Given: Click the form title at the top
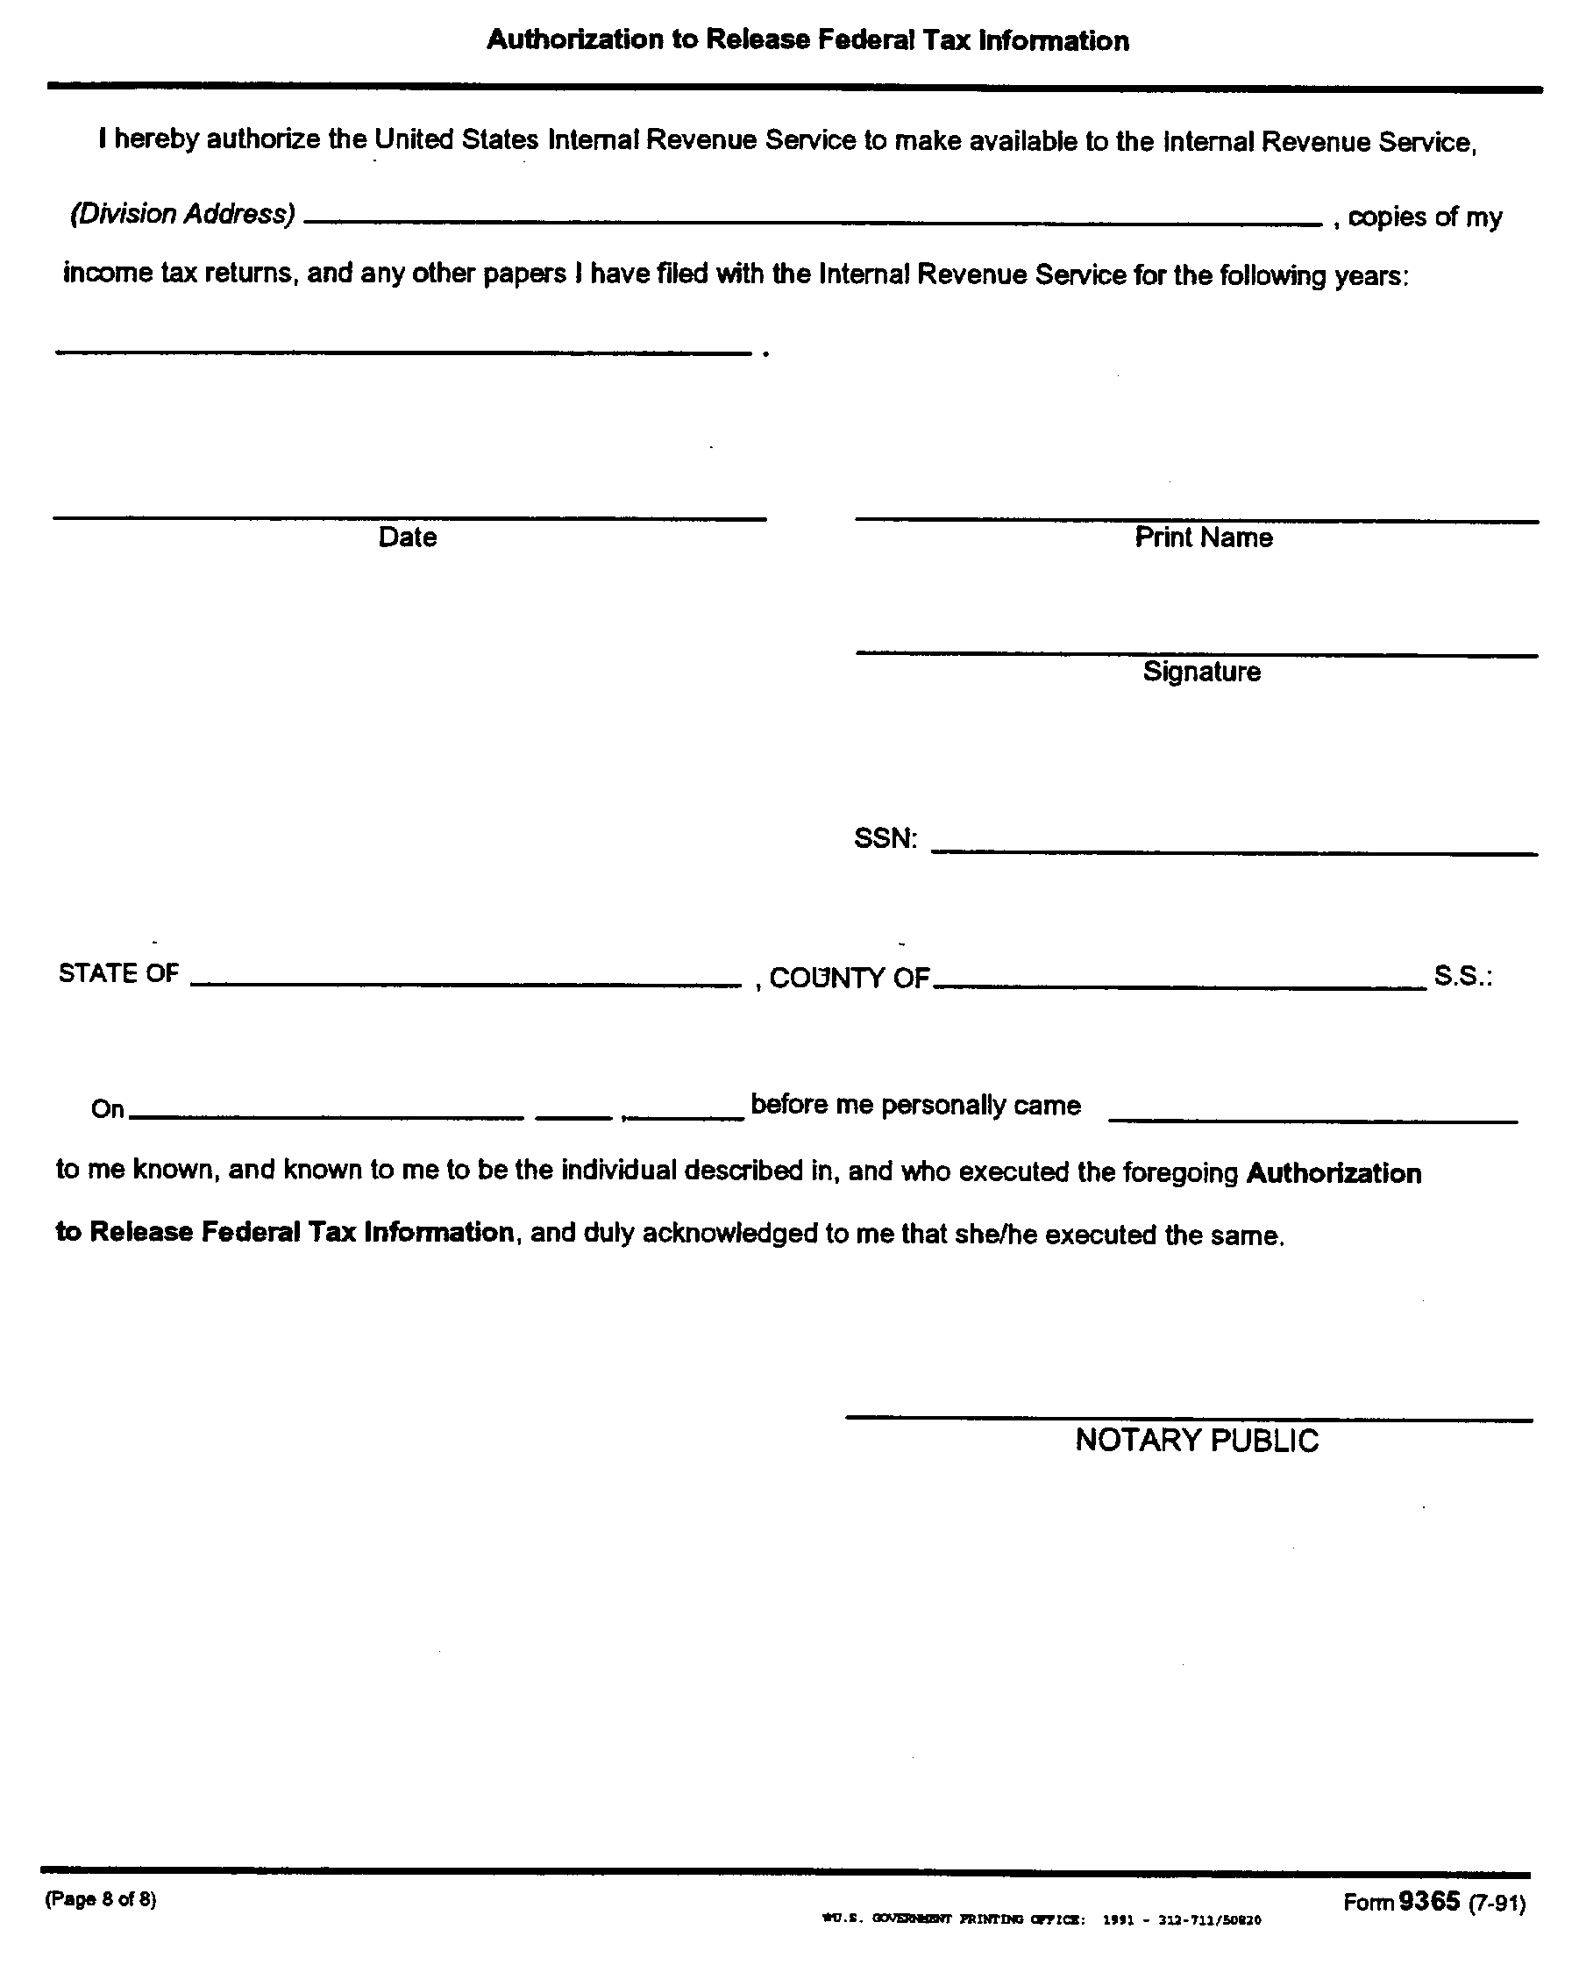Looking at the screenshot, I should click(x=807, y=41).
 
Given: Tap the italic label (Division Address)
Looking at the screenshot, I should click(x=182, y=214).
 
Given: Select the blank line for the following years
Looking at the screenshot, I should click(x=402, y=351).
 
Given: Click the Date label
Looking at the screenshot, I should click(x=408, y=538).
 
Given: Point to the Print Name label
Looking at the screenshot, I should click(x=1203, y=538).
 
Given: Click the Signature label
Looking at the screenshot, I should click(x=1202, y=672).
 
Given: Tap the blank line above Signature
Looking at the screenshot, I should click(x=1197, y=651).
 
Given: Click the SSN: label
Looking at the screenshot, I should click(x=885, y=838).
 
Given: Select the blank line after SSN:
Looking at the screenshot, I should click(x=1234, y=851).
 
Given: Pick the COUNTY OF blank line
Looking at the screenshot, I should click(x=1179, y=986).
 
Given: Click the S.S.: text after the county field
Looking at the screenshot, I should click(x=1462, y=976).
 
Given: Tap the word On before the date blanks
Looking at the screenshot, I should click(x=108, y=1109).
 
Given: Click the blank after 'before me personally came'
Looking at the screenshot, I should click(x=1312, y=1119).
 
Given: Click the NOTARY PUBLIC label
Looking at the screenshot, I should click(x=1197, y=1441).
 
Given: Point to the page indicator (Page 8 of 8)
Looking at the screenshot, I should click(x=100, y=1899).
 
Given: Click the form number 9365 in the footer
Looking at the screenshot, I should click(x=1429, y=1900).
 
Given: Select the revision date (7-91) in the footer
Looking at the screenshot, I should click(x=1497, y=1903).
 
